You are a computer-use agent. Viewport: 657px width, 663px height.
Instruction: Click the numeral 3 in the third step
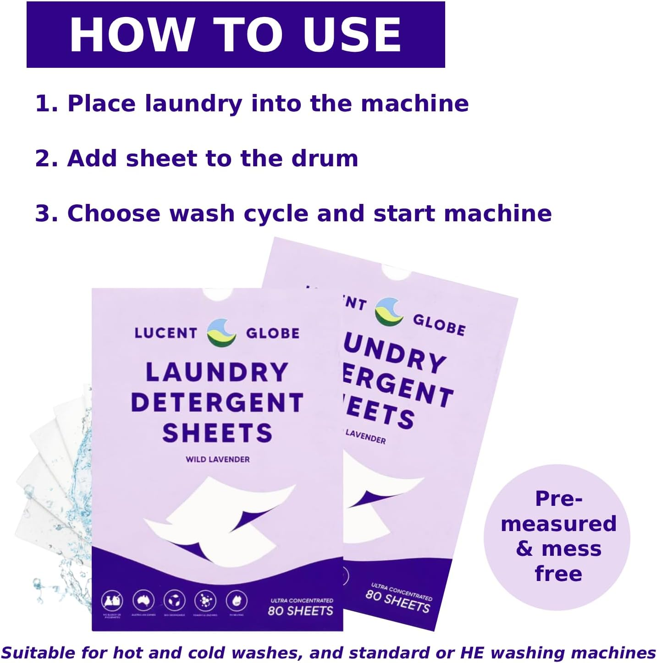click(x=43, y=214)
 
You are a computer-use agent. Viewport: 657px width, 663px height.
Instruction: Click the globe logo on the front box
click(x=221, y=333)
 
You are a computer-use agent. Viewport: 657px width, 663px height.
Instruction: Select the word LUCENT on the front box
click(x=166, y=333)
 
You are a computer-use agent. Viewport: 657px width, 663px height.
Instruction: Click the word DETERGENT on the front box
click(x=217, y=403)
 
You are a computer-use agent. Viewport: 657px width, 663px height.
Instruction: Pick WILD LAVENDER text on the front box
click(x=218, y=459)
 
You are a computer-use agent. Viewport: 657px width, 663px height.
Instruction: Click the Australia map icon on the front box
click(x=144, y=600)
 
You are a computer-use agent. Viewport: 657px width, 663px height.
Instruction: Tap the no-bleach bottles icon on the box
click(x=112, y=600)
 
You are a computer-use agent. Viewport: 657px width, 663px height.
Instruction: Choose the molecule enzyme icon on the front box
click(x=205, y=600)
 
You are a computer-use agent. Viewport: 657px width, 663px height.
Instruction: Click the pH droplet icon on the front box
click(x=237, y=600)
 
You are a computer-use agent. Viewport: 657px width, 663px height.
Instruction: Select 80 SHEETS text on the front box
click(x=300, y=611)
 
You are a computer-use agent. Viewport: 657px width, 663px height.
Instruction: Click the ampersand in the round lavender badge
click(x=524, y=548)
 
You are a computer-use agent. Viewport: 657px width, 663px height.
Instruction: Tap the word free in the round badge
click(x=558, y=574)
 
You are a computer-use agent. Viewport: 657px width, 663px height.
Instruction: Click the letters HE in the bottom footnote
click(x=473, y=653)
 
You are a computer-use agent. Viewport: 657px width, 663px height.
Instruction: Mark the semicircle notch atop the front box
click(x=218, y=294)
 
